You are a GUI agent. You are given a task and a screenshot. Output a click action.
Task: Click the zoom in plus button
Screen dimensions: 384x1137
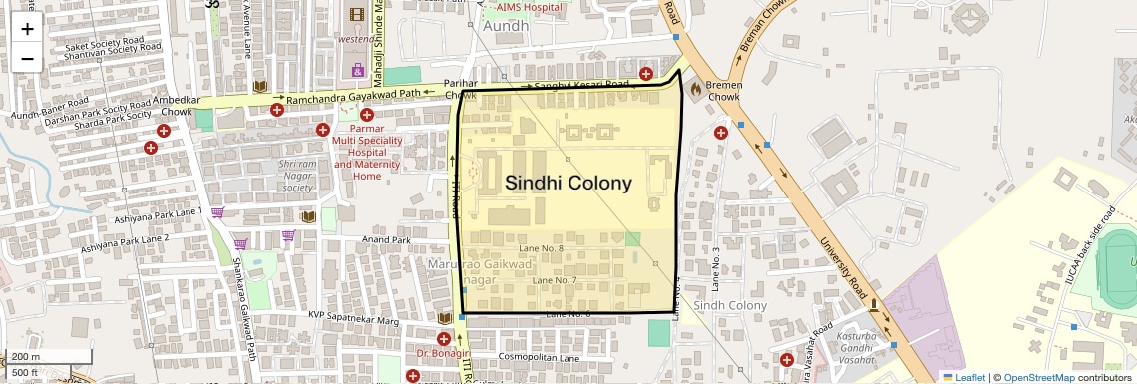point(27,28)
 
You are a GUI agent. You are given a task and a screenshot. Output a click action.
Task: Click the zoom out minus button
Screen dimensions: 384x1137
point(27,58)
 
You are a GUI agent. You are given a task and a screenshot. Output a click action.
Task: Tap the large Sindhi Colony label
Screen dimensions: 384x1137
point(568,184)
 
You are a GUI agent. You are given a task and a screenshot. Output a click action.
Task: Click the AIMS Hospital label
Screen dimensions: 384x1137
point(523,7)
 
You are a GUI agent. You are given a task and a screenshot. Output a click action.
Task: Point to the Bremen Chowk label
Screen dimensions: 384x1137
point(723,91)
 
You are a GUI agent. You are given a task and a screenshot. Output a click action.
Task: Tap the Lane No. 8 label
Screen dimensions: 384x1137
point(543,247)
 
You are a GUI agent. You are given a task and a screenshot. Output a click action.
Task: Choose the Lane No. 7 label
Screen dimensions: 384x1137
point(555,280)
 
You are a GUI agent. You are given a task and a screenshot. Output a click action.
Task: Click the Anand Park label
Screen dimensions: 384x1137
point(387,240)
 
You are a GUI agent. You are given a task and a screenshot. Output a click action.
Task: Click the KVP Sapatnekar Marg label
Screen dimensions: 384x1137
point(353,317)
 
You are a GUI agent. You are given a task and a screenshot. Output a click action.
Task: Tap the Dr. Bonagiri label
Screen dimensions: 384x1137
point(443,354)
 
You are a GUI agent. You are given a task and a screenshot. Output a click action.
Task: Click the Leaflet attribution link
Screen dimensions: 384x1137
point(963,377)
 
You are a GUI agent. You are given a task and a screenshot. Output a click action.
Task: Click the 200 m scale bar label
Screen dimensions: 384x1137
point(26,357)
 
